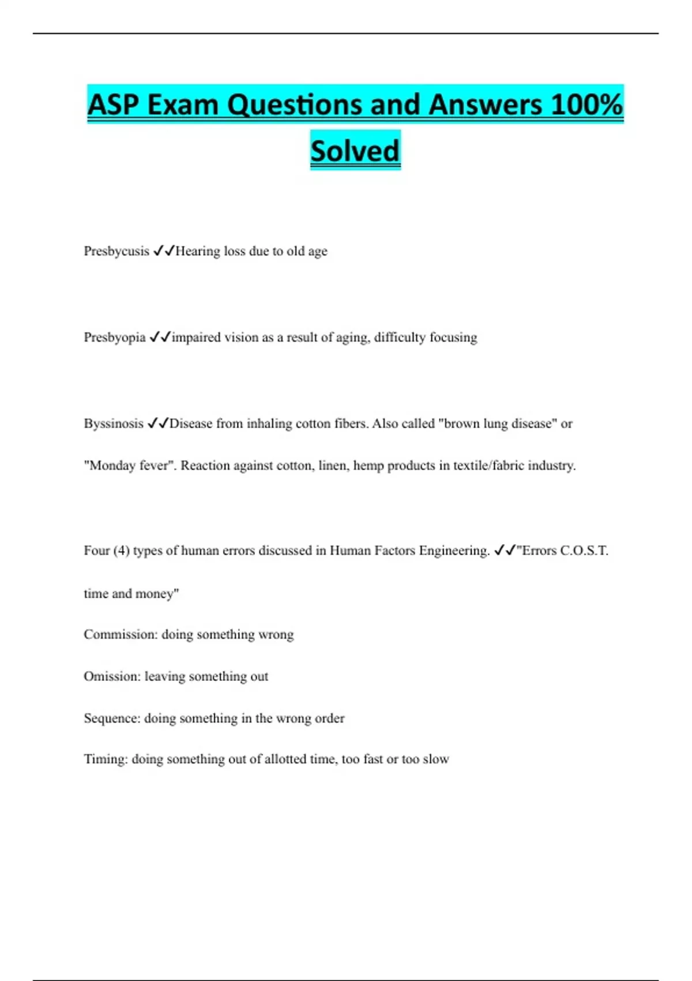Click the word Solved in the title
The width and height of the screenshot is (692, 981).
tap(355, 151)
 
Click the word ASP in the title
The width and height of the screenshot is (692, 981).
tap(113, 105)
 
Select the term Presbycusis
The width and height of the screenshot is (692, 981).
tap(116, 251)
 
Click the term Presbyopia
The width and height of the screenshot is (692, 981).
tap(115, 337)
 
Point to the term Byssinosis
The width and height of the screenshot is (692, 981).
tap(114, 424)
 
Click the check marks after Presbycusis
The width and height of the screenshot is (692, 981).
tap(164, 251)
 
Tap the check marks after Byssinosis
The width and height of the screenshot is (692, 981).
tap(158, 424)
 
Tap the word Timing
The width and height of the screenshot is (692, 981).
tap(106, 759)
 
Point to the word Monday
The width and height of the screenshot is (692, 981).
tap(112, 466)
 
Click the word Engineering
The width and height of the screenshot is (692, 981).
tap(454, 551)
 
